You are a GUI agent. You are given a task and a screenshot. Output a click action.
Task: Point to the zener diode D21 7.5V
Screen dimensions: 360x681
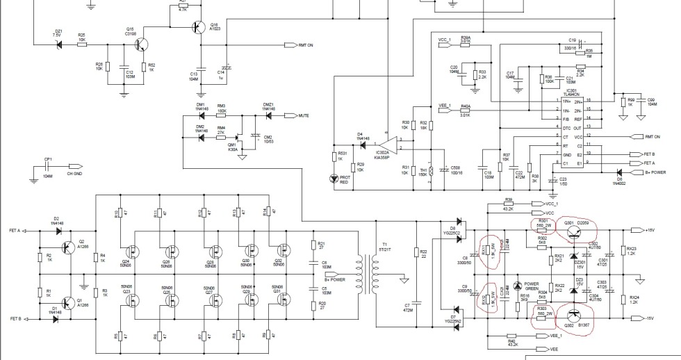[x=58, y=44]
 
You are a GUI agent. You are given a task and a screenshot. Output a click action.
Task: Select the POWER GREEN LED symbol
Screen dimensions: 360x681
[x=516, y=286]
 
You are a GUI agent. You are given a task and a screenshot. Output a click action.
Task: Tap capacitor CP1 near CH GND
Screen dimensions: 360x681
[x=48, y=167]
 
